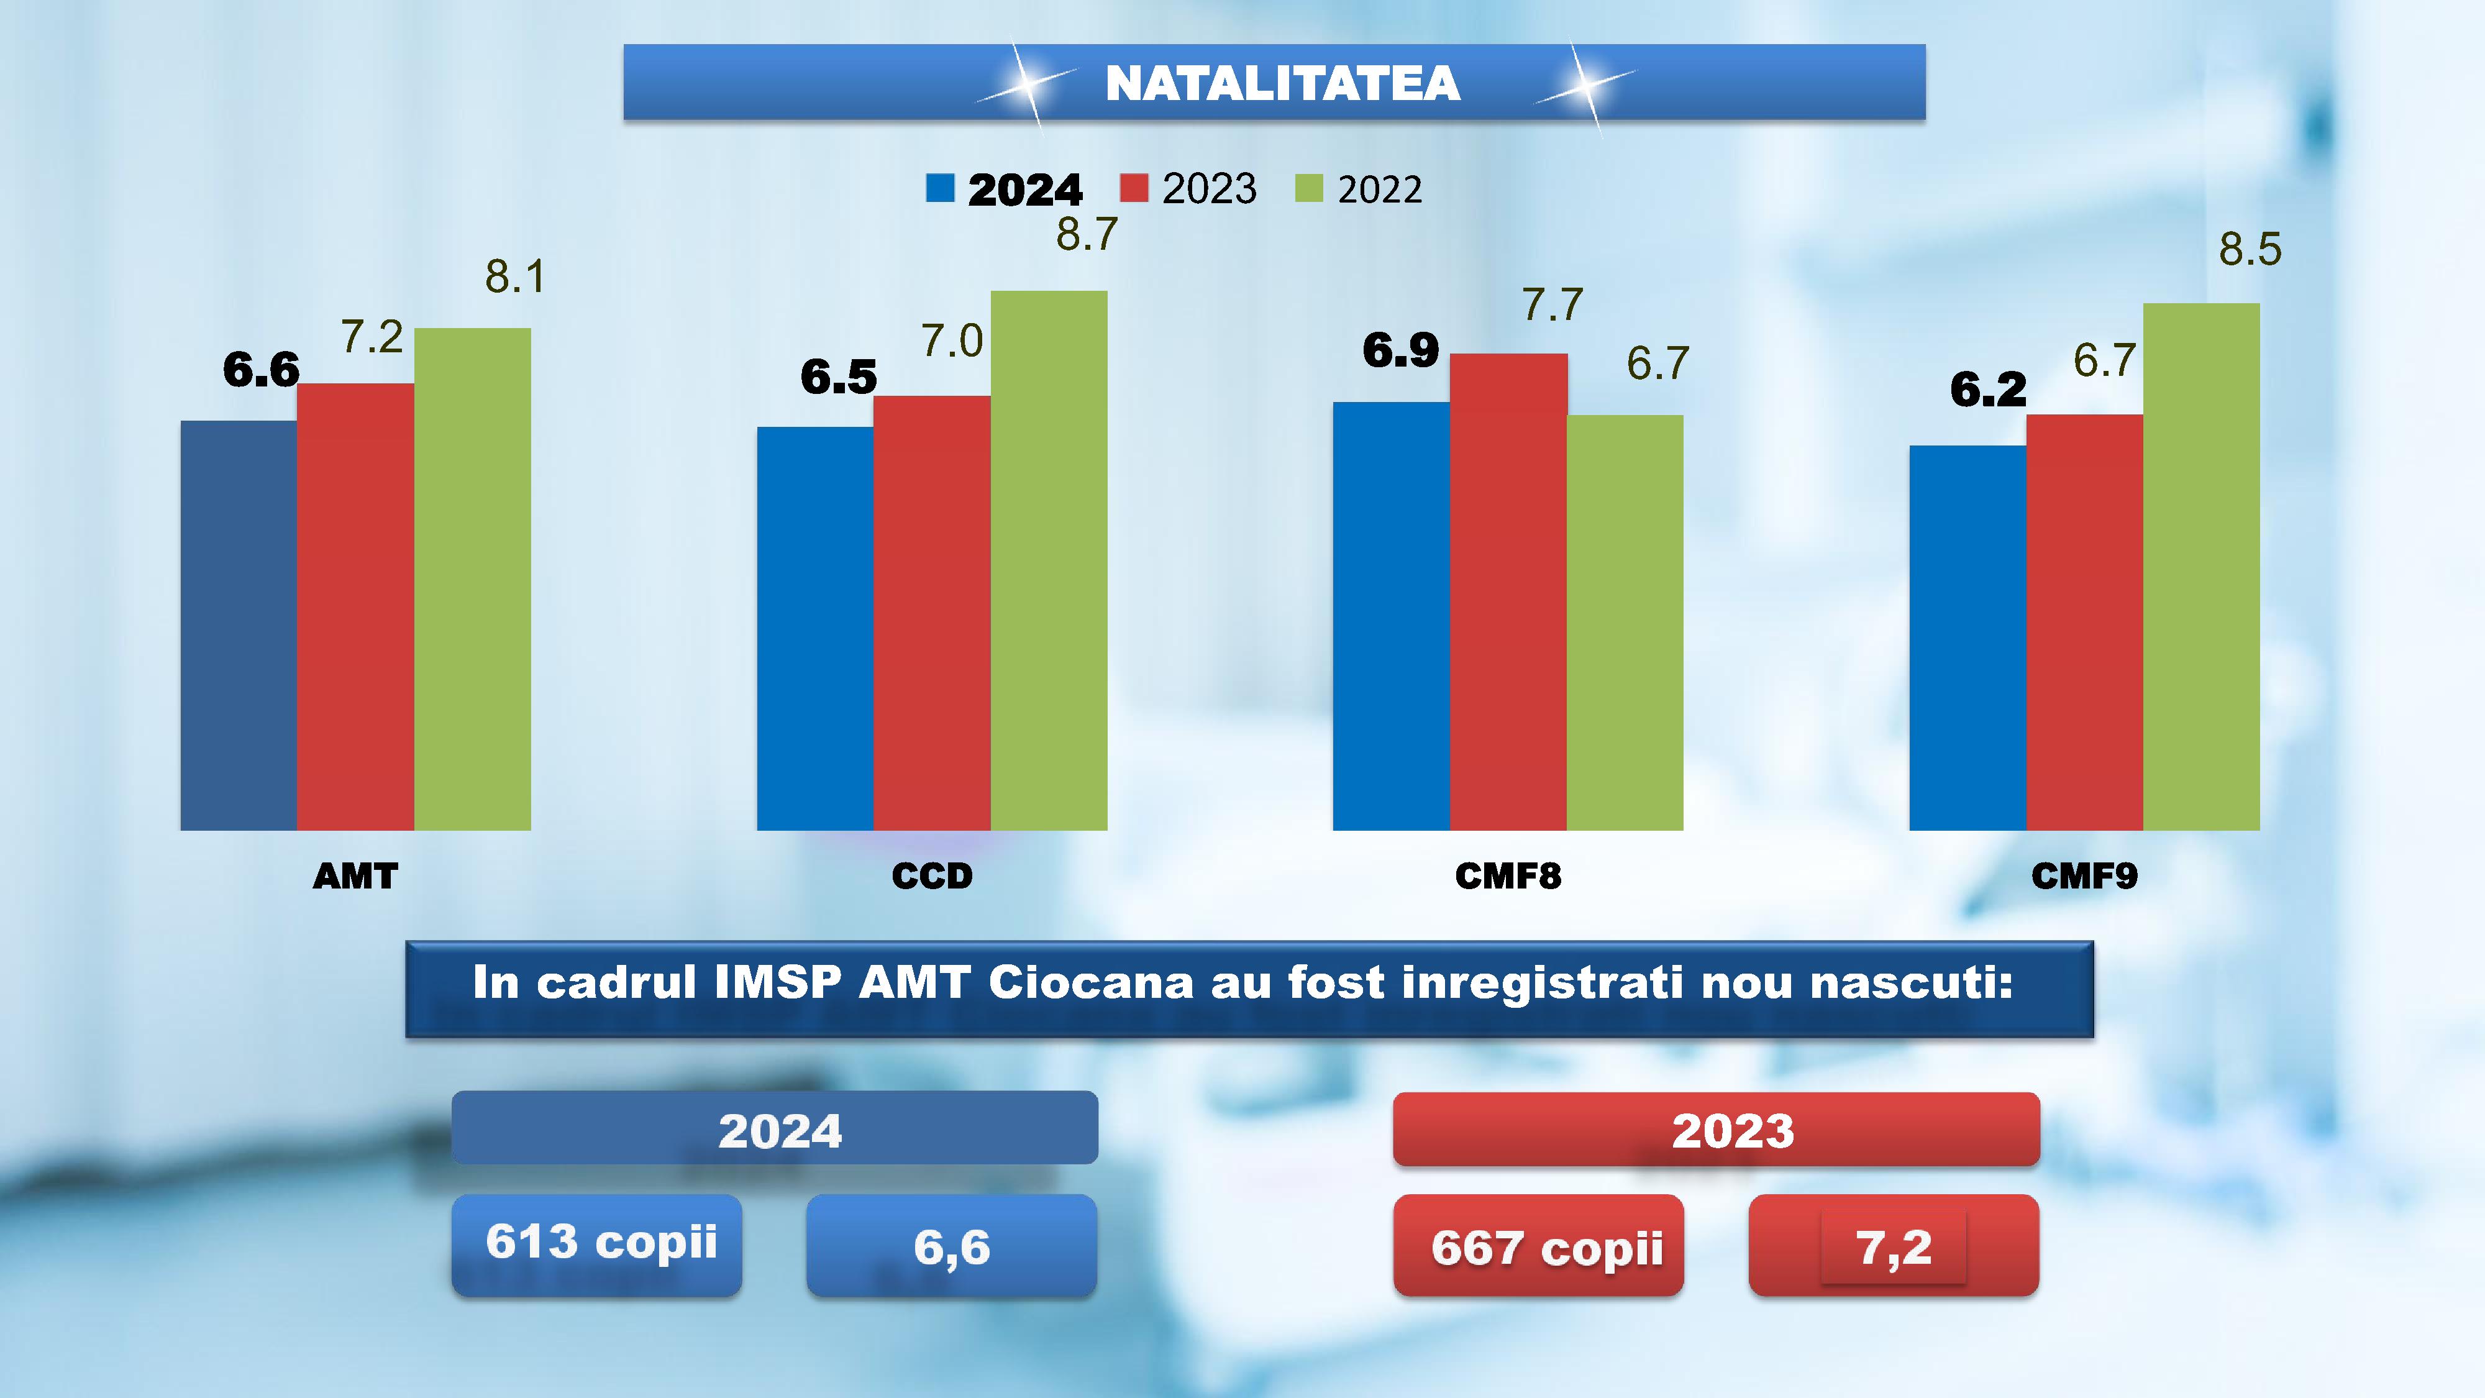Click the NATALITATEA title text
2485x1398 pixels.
click(1282, 83)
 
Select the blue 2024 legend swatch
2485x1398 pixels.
click(939, 188)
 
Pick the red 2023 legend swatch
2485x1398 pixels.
click(1134, 188)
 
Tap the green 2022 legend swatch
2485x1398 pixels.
click(1308, 188)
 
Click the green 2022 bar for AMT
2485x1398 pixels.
click(473, 579)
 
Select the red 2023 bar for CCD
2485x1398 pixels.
click(932, 613)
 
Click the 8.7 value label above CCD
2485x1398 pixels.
click(1087, 234)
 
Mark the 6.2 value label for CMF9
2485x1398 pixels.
click(1988, 390)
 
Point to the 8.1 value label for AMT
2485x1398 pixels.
click(515, 277)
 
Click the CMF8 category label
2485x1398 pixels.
click(1508, 876)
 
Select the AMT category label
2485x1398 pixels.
click(355, 876)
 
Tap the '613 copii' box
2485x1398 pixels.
click(597, 1245)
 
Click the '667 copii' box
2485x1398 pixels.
click(1539, 1246)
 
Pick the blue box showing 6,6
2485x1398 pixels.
click(951, 1246)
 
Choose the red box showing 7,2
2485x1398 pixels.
click(1894, 1246)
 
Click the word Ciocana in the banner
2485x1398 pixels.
click(1091, 983)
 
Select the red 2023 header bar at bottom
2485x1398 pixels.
click(1716, 1130)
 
